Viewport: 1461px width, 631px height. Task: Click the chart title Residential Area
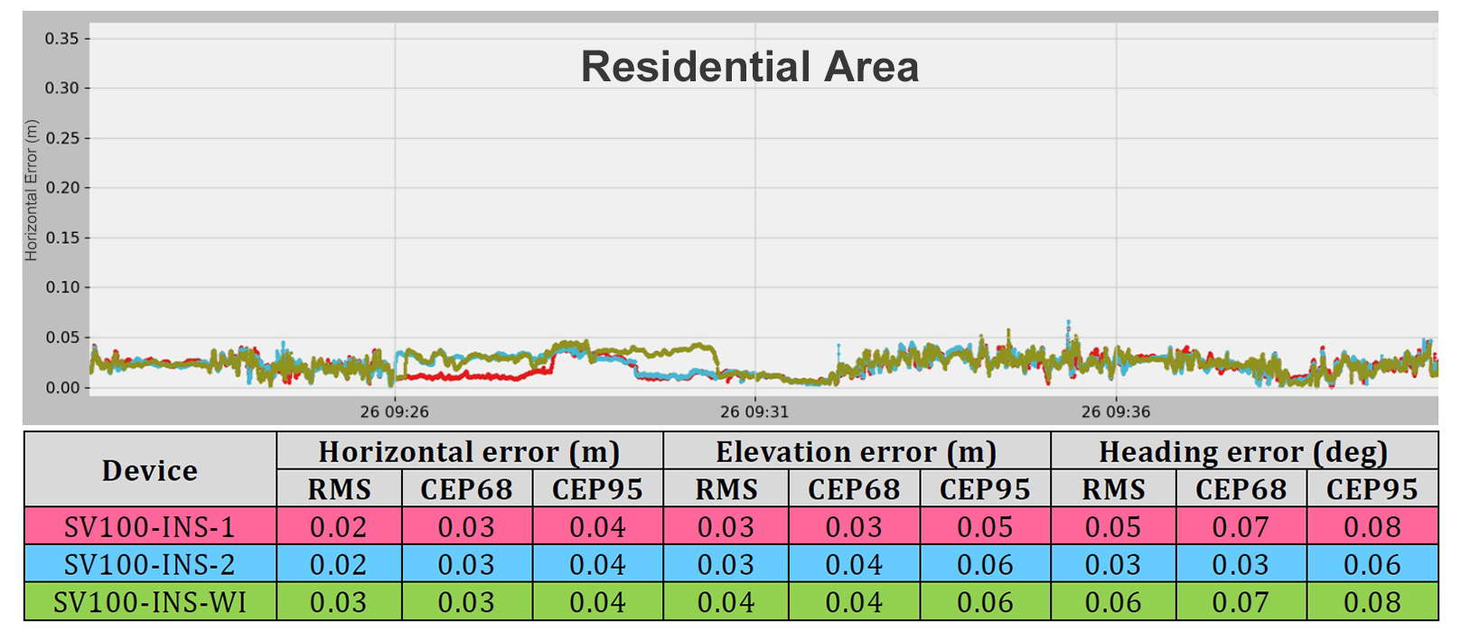(749, 67)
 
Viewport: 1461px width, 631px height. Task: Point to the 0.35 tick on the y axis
(61, 39)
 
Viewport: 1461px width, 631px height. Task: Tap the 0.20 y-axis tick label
(61, 188)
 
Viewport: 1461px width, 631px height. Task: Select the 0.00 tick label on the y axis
(61, 387)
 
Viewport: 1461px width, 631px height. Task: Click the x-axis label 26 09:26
(395, 412)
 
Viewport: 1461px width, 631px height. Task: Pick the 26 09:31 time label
(754, 412)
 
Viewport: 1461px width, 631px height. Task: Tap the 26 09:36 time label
(1116, 412)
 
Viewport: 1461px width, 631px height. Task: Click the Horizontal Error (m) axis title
(32, 190)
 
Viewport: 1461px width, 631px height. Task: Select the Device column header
(150, 470)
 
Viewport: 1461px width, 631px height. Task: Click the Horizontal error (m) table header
(469, 451)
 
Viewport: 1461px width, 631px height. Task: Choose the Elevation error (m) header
(856, 451)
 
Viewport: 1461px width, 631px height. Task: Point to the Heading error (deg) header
(1243, 451)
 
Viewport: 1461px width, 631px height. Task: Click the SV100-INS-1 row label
(150, 527)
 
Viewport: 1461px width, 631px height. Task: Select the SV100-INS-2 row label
(150, 565)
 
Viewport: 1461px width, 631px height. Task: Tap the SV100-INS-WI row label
(150, 602)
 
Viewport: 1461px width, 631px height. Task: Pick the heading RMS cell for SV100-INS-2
(1113, 565)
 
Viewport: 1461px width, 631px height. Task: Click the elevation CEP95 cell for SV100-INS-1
(985, 527)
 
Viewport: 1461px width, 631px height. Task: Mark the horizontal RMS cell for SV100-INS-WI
(339, 602)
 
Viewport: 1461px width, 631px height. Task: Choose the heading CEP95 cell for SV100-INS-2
(1372, 565)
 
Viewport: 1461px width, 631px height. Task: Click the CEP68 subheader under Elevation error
(854, 489)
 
